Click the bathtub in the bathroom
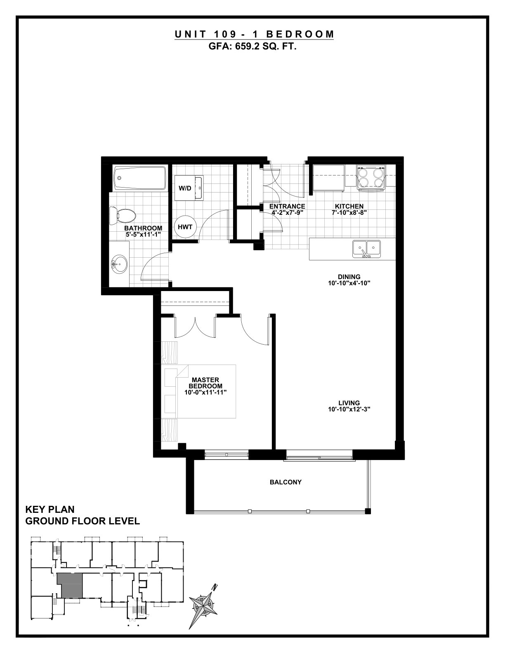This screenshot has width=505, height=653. point(140,178)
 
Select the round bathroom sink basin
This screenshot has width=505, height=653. point(119,264)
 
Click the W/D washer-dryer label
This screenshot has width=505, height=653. point(185,188)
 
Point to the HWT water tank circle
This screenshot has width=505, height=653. point(185,227)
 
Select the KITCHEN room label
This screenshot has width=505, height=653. point(349,207)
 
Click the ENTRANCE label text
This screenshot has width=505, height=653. point(287,207)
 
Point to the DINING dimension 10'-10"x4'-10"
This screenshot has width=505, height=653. point(349,283)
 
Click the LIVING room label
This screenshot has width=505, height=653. point(349,403)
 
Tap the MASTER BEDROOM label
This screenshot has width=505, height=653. point(205,383)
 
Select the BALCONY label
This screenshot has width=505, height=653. point(286,482)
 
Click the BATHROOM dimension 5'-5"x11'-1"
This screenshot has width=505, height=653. point(143,235)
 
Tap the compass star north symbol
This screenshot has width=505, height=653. point(203,604)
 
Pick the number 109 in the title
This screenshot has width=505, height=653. point(227,34)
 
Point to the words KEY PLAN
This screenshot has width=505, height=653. point(50,510)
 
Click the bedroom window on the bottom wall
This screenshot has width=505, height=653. point(227,455)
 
